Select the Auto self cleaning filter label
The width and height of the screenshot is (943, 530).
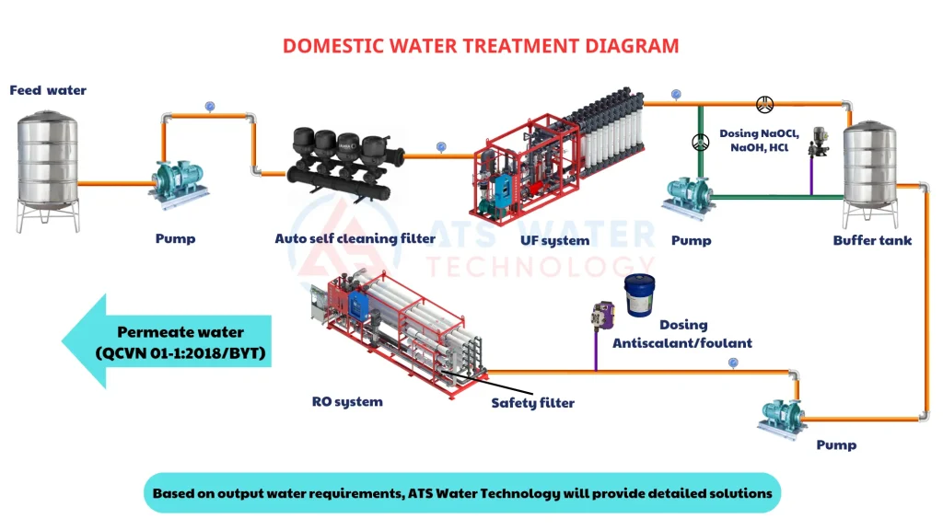click(355, 238)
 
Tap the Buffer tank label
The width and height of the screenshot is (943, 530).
click(872, 240)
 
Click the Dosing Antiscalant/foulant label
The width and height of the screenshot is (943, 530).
click(682, 333)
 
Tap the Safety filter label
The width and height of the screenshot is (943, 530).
click(532, 403)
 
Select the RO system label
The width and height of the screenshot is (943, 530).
click(346, 401)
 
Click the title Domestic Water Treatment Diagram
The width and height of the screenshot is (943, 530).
click(480, 45)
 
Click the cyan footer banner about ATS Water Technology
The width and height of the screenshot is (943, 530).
click(462, 493)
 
